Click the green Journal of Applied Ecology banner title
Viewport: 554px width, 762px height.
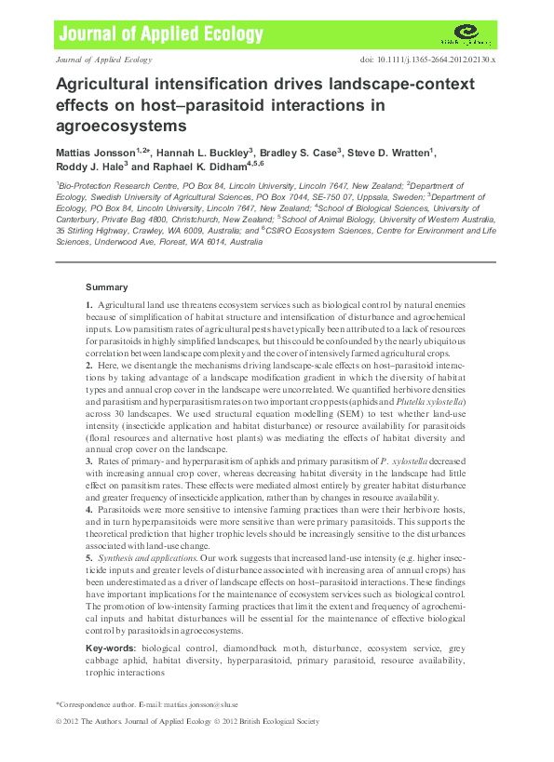pyautogui.click(x=161, y=35)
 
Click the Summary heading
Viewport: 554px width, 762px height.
pyautogui.click(x=106, y=287)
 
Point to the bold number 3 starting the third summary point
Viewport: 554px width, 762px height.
pyautogui.click(x=88, y=459)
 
